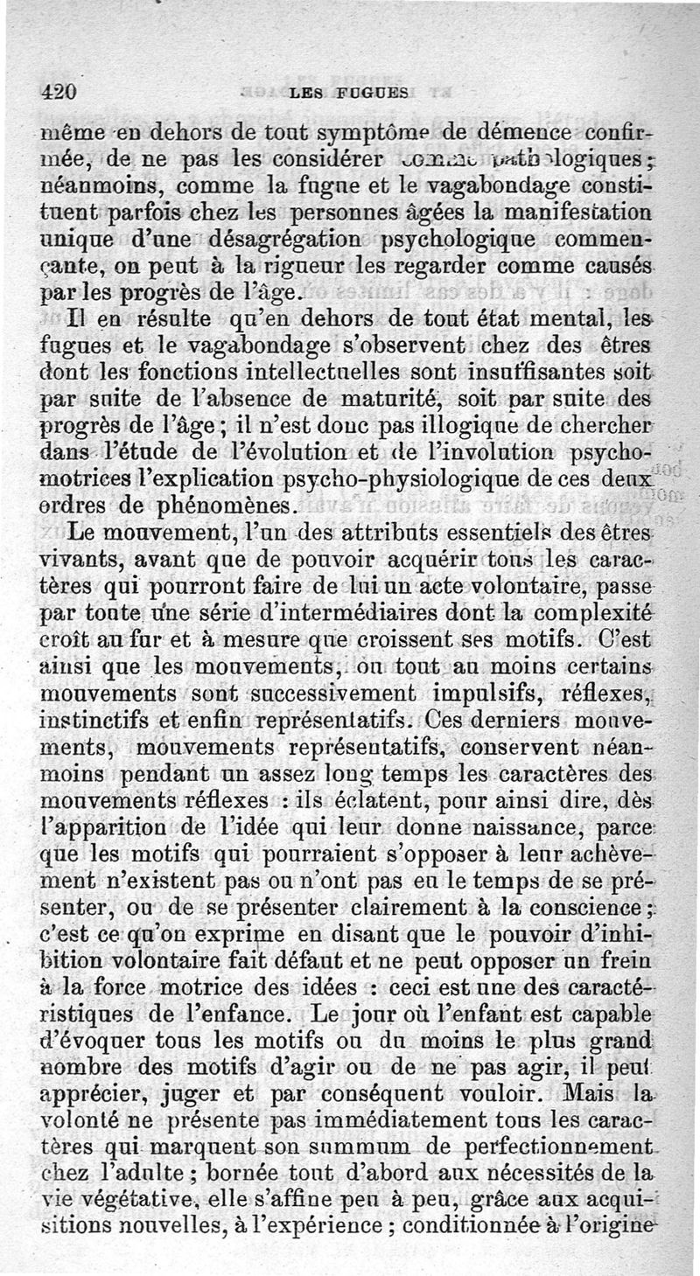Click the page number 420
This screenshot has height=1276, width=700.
click(59, 92)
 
